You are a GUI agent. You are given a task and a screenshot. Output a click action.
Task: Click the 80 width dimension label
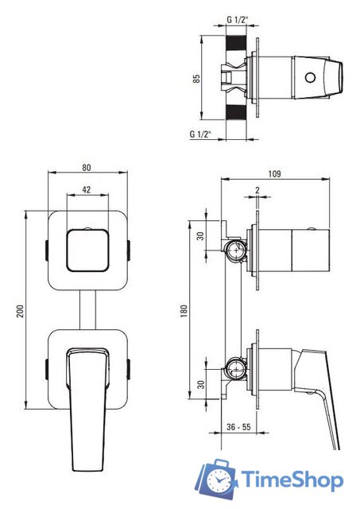(87, 168)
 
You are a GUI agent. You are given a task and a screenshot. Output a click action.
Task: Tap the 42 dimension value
(87, 189)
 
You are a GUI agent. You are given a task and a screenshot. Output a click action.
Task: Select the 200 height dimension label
(20, 311)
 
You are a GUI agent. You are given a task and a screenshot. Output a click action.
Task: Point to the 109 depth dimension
(274, 173)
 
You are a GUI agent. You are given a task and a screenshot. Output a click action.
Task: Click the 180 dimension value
(184, 311)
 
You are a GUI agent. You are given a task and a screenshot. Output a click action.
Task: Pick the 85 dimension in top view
(196, 79)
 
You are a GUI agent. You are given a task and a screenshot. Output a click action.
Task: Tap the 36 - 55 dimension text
(238, 427)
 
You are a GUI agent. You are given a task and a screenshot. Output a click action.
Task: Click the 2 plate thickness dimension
(257, 190)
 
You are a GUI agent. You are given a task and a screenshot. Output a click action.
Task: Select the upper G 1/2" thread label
(238, 20)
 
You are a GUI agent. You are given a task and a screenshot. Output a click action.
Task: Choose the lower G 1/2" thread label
(200, 134)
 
